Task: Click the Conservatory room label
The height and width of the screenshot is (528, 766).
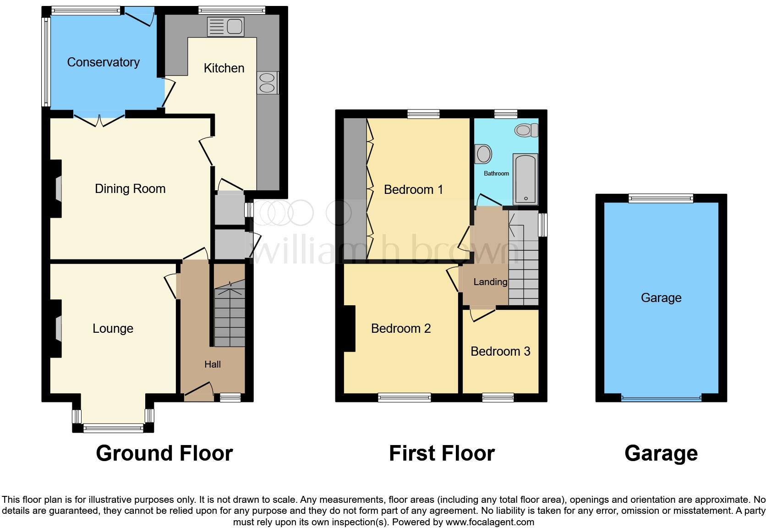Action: (103, 62)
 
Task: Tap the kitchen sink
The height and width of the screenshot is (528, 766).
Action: (225, 27)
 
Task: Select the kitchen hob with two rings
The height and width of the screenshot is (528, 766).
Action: (268, 83)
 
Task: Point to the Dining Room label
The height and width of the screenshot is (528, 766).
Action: (130, 189)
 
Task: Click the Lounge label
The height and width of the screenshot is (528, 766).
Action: (113, 329)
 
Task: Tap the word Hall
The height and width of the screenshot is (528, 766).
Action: (213, 364)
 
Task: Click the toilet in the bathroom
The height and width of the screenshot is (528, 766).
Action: (527, 130)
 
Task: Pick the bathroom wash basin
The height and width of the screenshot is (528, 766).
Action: (483, 154)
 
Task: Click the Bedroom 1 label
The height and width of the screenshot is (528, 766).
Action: (413, 190)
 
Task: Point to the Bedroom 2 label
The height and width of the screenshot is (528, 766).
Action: (401, 329)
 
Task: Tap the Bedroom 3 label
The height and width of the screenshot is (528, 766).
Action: (500, 352)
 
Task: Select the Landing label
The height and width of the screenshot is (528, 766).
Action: (490, 282)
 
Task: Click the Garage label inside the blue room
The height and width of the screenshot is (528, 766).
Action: (661, 298)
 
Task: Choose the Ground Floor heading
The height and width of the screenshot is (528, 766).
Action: (164, 453)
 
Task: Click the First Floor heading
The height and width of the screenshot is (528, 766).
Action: (442, 453)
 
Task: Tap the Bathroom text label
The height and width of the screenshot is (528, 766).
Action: (496, 174)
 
